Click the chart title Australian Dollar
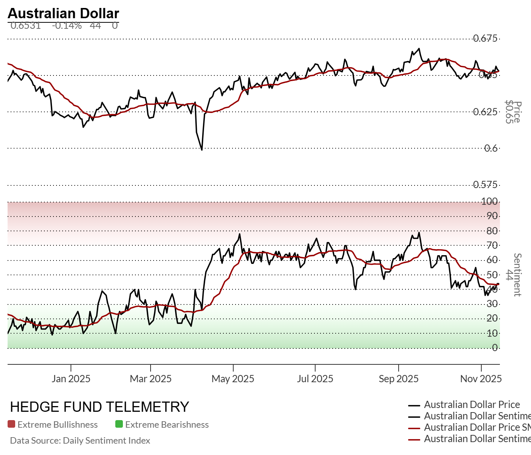(x=63, y=13)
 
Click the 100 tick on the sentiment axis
(x=489, y=201)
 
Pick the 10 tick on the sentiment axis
(x=492, y=333)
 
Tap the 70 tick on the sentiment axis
(x=492, y=245)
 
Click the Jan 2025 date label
(x=71, y=379)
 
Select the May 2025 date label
(x=233, y=379)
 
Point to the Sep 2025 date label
(x=399, y=379)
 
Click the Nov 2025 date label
(x=481, y=379)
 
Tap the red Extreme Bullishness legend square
(x=11, y=424)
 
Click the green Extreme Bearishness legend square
(x=119, y=424)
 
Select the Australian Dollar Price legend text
(x=472, y=405)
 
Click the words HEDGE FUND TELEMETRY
(x=99, y=407)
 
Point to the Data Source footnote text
(x=80, y=441)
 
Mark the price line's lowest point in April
(x=202, y=150)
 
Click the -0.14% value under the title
(x=67, y=25)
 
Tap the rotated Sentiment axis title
(x=517, y=275)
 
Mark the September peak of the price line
(x=419, y=49)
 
